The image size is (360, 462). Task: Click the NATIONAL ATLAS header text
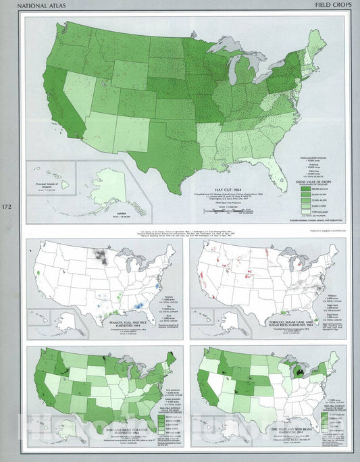[45, 7]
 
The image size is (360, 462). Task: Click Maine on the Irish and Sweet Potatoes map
[171, 358]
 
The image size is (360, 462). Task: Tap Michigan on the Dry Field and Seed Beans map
[298, 372]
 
